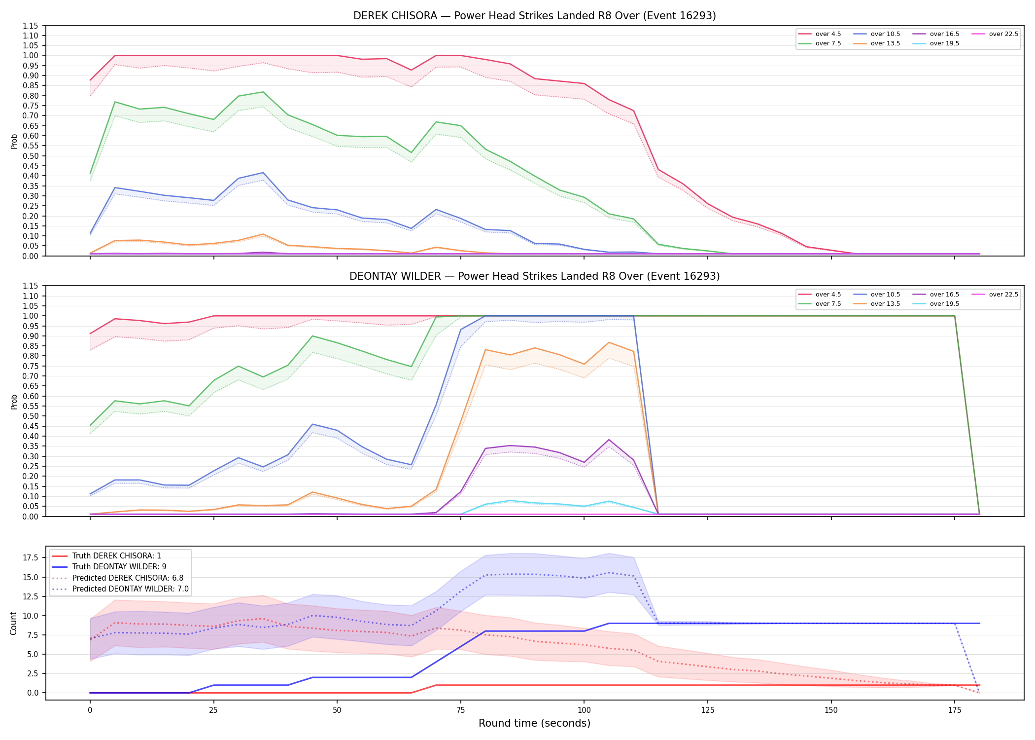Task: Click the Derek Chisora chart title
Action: [534, 16]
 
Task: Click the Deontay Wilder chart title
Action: [534, 276]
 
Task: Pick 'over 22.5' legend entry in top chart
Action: [995, 34]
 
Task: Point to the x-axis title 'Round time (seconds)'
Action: [534, 723]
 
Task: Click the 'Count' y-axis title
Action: [13, 623]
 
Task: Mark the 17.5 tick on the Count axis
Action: [31, 557]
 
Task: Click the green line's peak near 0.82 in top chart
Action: [263, 92]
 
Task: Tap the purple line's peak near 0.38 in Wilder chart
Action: [609, 440]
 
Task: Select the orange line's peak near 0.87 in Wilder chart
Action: [609, 342]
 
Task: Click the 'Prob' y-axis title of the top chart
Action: [14, 141]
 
